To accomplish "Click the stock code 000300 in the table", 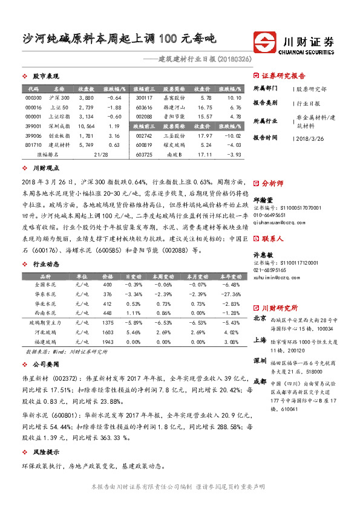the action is (x=34, y=97).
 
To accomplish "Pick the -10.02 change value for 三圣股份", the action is (x=233, y=135).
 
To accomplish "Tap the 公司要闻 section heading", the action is (x=46, y=365).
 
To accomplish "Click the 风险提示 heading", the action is (x=46, y=452).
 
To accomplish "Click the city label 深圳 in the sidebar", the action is (x=260, y=360).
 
